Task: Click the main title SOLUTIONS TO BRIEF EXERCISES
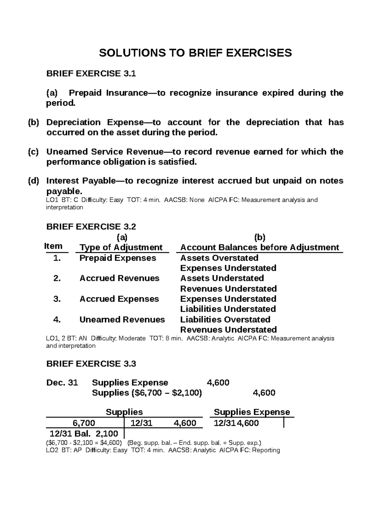[195, 53]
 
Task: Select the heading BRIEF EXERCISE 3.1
[91, 74]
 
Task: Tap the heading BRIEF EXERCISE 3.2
[91, 226]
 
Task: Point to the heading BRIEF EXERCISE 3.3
[91, 364]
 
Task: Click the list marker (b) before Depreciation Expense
[33, 123]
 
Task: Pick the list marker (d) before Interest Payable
[33, 181]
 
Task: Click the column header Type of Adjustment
[121, 248]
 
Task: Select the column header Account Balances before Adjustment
[259, 248]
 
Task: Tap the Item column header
[53, 246]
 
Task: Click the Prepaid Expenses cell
[118, 258]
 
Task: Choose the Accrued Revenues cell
[119, 278]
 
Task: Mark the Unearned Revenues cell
[122, 320]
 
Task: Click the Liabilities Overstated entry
[225, 320]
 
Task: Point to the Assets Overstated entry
[219, 258]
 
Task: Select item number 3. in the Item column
[57, 299]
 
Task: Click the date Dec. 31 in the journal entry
[62, 383]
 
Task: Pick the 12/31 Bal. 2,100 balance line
[84, 434]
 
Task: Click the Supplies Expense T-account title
[252, 412]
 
